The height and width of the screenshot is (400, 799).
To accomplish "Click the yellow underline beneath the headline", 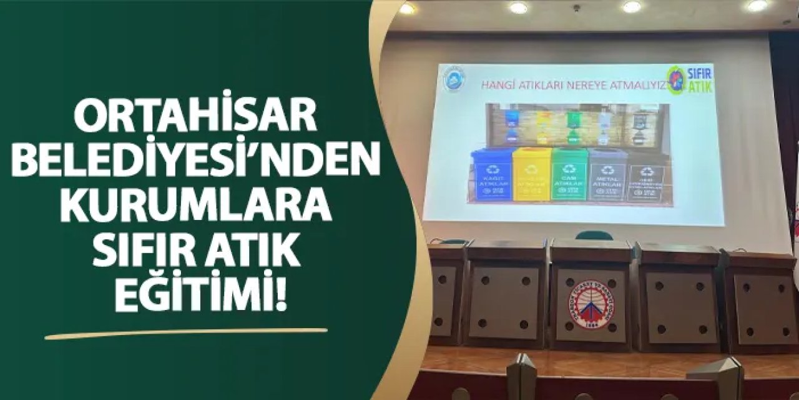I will [186, 333].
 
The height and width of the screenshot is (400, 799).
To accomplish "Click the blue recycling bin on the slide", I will [491, 174].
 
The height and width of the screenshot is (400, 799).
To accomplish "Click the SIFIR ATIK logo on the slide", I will [689, 80].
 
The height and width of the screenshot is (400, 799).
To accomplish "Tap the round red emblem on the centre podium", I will [591, 304].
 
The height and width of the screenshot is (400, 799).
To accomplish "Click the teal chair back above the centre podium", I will [593, 235].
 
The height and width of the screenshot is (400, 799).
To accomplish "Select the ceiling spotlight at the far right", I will [757, 6].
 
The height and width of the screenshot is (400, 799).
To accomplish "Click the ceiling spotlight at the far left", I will [407, 8].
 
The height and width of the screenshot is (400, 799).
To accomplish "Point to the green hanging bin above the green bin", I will [572, 124].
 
